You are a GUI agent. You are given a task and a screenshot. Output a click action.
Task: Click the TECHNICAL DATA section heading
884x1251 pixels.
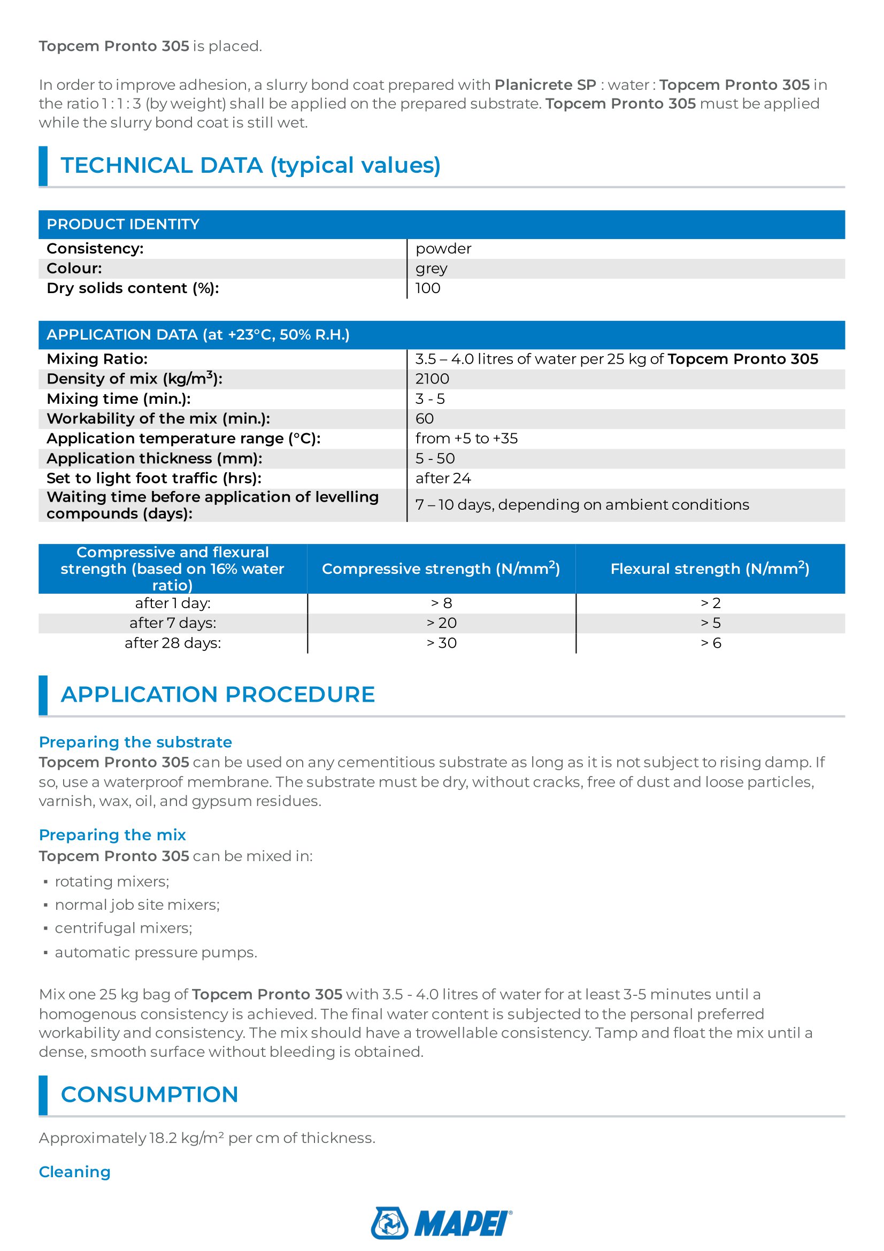(x=251, y=166)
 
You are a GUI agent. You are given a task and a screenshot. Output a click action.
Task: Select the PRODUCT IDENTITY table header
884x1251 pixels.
(x=123, y=225)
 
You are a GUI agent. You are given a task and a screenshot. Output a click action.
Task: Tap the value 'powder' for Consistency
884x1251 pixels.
(x=443, y=249)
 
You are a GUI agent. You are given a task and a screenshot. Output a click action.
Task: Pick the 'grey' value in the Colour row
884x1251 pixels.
(x=432, y=268)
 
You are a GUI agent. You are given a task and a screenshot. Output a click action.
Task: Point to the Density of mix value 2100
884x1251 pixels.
(x=432, y=379)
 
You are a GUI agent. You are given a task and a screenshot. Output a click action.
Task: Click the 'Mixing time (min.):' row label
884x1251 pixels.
(x=119, y=399)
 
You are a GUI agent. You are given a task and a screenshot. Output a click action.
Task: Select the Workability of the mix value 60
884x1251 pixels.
(x=424, y=419)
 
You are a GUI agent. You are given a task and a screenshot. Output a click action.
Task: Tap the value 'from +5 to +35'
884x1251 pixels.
(x=466, y=439)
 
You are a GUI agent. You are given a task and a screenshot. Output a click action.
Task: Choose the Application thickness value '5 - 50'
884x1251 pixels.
(x=435, y=459)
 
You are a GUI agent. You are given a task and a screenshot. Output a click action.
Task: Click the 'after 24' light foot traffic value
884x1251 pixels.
(x=443, y=478)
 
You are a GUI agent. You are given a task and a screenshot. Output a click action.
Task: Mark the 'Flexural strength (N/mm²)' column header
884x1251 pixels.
(x=710, y=569)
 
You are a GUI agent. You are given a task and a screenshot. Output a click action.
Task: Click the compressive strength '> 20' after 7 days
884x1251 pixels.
(x=441, y=623)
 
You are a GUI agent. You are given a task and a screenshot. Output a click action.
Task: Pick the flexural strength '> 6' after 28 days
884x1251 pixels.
(x=710, y=643)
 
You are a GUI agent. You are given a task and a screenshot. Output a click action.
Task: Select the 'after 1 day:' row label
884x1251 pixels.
(x=173, y=604)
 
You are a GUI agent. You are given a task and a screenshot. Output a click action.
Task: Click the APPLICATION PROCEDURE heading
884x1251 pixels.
(x=218, y=695)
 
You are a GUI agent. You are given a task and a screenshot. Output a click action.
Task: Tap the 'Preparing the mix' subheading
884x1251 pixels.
(x=112, y=835)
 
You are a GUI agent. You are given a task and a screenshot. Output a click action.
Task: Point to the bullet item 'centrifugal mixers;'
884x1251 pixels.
(x=124, y=928)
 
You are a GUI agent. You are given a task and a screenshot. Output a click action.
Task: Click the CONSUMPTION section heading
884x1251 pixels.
(x=150, y=1095)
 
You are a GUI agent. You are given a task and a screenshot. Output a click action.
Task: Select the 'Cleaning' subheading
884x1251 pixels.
(x=75, y=1172)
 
